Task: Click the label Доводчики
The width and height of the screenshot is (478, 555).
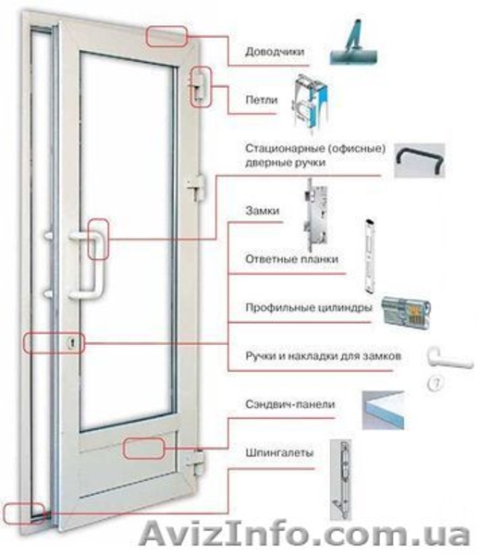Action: click(275, 52)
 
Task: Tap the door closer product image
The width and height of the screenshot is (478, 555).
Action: click(353, 43)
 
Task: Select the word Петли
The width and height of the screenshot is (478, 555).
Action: click(262, 100)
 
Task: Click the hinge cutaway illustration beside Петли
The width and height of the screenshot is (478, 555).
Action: click(312, 104)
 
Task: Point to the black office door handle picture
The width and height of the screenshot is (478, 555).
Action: click(420, 161)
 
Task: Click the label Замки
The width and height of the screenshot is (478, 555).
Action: click(263, 211)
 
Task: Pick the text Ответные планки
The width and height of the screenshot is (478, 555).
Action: click(292, 259)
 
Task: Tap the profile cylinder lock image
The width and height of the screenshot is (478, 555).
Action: click(406, 313)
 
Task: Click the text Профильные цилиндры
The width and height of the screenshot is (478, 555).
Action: click(309, 308)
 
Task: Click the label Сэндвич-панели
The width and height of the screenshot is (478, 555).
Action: click(290, 404)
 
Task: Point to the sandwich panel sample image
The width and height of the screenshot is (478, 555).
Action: click(383, 410)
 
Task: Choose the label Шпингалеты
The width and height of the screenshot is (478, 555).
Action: click(279, 452)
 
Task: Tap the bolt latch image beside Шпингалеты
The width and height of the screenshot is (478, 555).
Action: click(341, 480)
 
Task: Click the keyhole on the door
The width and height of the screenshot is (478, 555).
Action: click(72, 342)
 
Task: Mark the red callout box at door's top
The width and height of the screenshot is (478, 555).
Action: click(166, 36)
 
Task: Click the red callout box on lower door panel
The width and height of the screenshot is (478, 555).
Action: click(144, 449)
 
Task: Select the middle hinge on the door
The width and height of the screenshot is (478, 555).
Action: click(196, 189)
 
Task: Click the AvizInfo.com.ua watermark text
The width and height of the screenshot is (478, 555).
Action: click(304, 534)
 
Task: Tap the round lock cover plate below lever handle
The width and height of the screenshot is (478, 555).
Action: click(435, 383)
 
